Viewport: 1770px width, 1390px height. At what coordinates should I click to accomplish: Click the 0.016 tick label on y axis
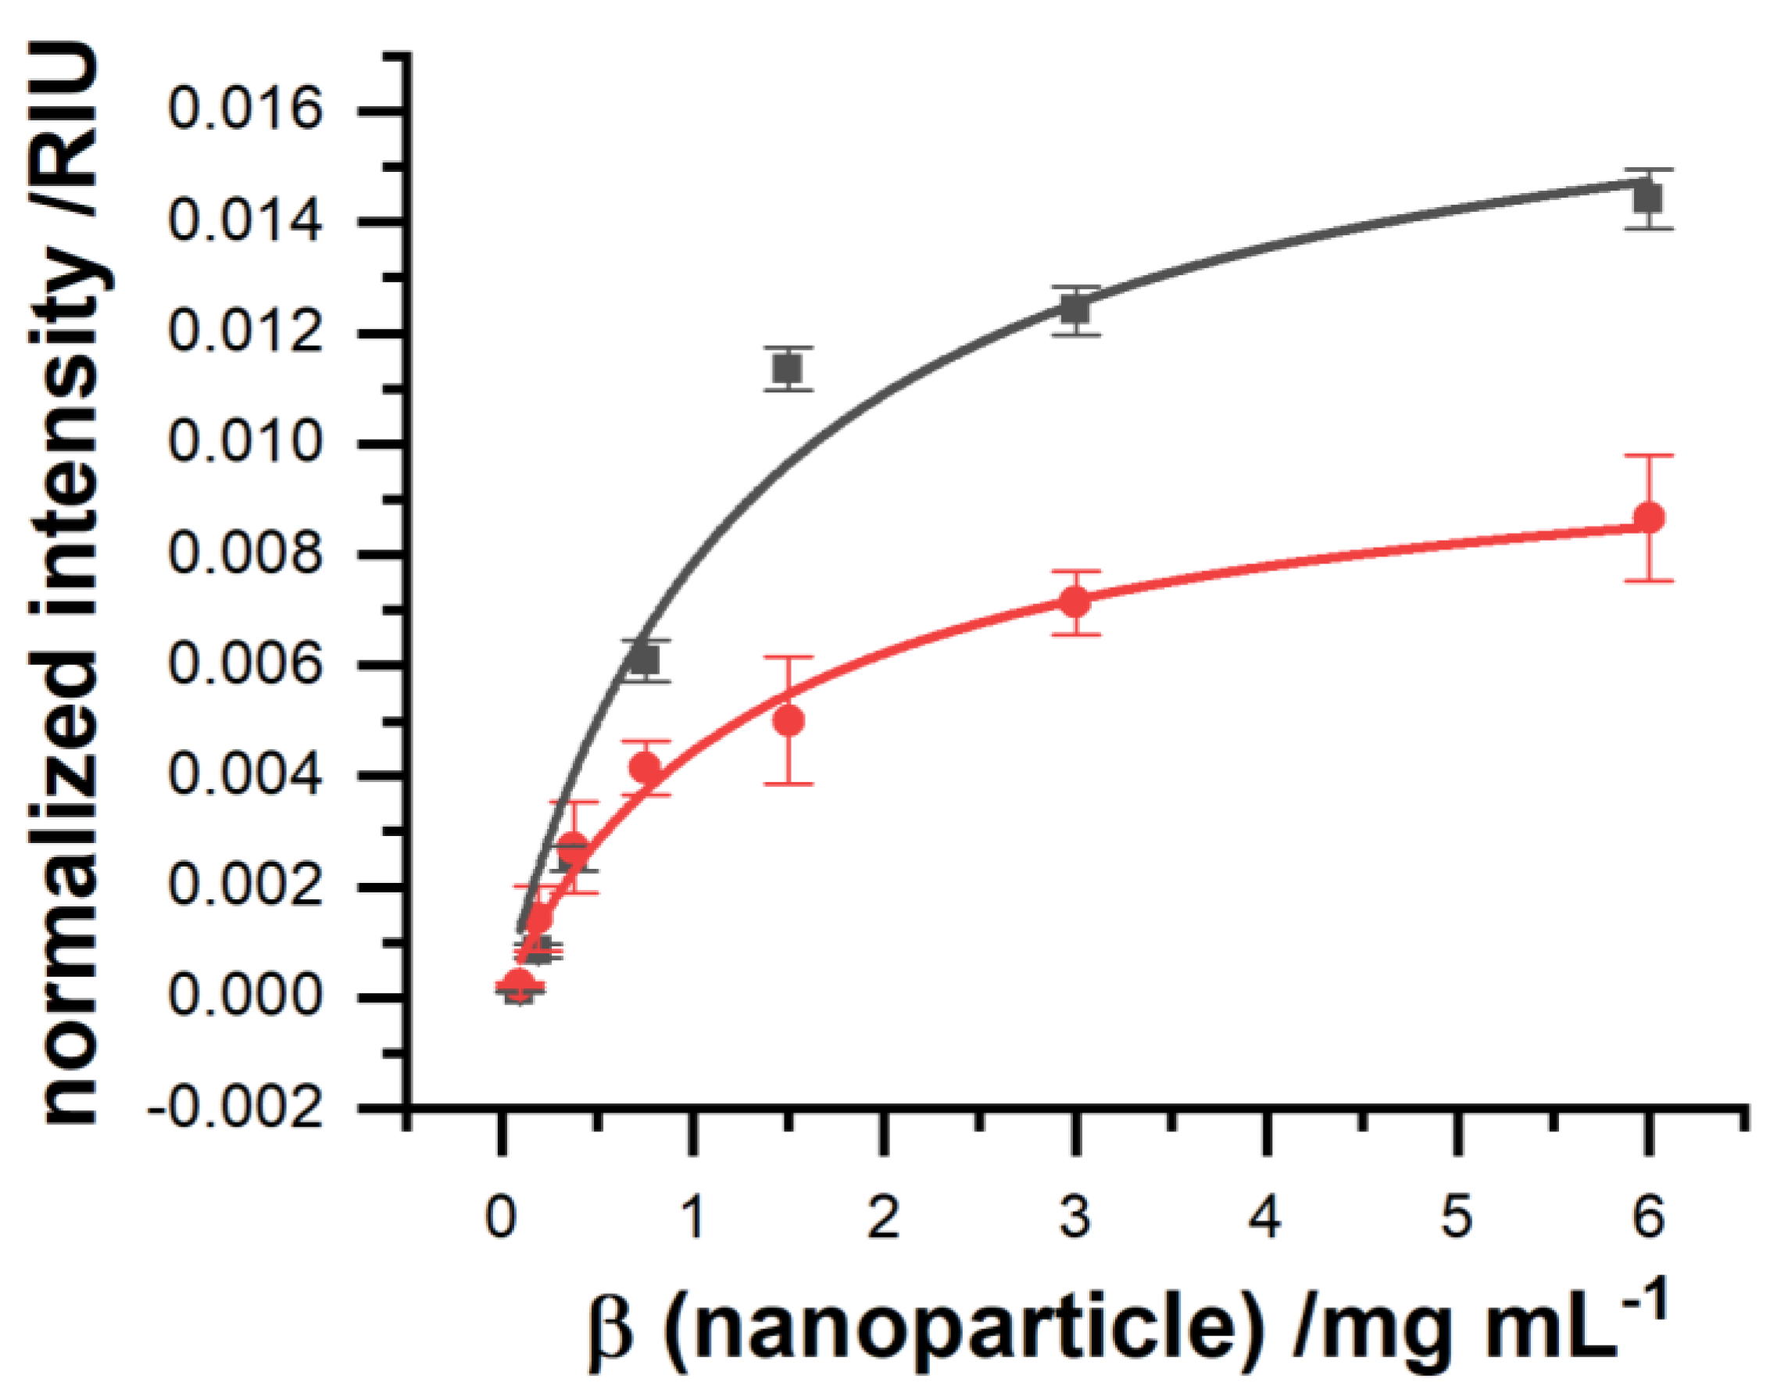point(245,111)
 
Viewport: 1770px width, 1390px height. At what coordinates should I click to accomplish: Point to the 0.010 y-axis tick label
point(245,444)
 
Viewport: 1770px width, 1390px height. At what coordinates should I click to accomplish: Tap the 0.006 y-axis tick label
point(245,666)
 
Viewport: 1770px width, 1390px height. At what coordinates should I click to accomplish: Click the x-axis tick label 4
point(1264,1220)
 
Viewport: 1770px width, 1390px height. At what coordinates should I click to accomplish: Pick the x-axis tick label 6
point(1649,1220)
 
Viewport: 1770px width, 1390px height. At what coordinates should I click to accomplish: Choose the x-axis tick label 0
point(501,1220)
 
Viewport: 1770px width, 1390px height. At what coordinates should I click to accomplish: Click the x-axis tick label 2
point(883,1220)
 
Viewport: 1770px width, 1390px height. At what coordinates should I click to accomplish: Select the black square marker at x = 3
point(1075,310)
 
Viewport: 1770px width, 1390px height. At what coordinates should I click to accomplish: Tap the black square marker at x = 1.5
point(788,370)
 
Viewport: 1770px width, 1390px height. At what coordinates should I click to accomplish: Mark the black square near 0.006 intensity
point(645,660)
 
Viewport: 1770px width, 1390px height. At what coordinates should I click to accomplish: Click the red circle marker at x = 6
point(1649,517)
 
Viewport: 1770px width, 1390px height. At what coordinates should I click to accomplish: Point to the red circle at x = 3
point(1075,603)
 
